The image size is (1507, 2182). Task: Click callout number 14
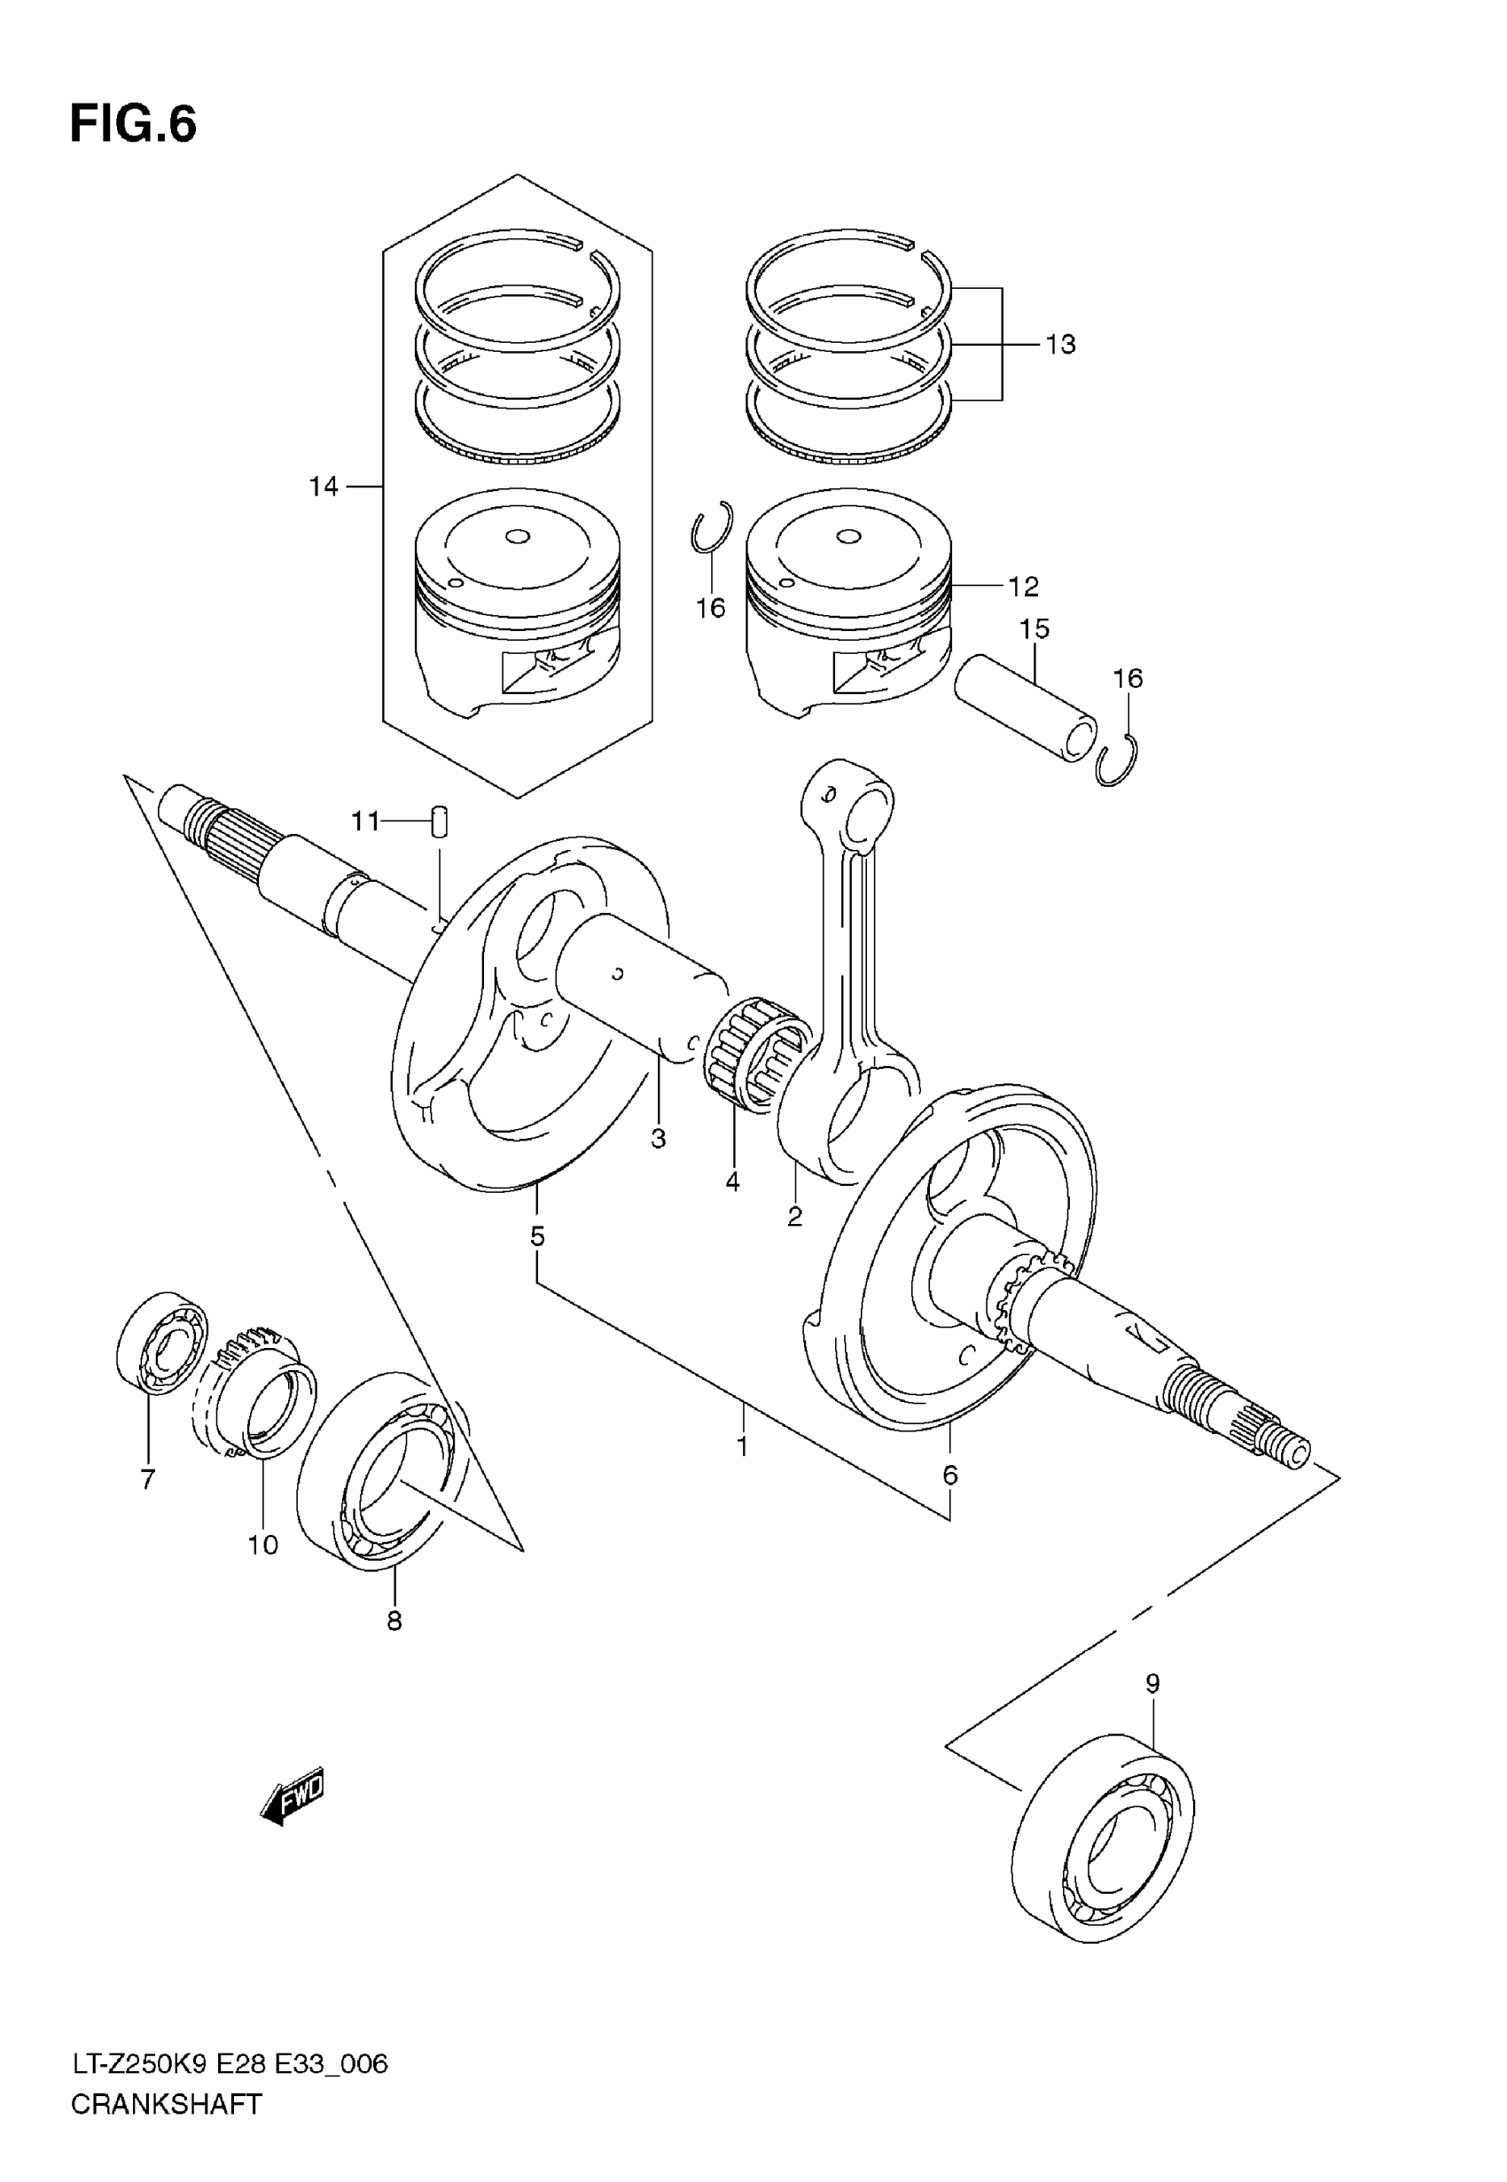[x=323, y=487]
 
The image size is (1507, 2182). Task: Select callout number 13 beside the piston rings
[x=1060, y=346]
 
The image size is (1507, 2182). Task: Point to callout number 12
[x=1023, y=587]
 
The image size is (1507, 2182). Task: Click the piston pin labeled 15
[x=1026, y=709]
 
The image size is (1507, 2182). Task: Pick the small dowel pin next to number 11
[x=439, y=820]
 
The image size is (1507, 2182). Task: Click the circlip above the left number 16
[x=711, y=527]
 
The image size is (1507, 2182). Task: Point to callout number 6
[x=950, y=1475]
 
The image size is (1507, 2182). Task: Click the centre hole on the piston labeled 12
[x=848, y=537]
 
